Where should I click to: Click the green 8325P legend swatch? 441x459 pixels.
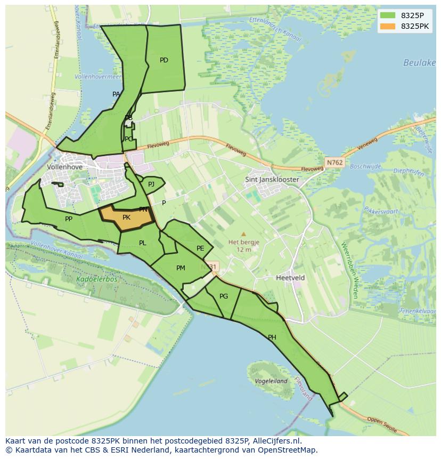pyautogui.click(x=387, y=15)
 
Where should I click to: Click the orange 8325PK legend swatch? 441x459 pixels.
pyautogui.click(x=387, y=26)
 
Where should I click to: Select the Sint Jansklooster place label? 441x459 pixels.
pyautogui.click(x=272, y=180)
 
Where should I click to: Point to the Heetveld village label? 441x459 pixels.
pyautogui.click(x=290, y=278)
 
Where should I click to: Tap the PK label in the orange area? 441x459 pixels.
pyautogui.click(x=126, y=218)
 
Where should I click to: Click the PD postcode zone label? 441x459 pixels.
pyautogui.click(x=164, y=60)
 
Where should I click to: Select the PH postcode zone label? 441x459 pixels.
pyautogui.click(x=272, y=337)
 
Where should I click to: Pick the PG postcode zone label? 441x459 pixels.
pyautogui.click(x=224, y=296)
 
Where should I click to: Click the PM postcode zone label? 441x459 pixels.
pyautogui.click(x=181, y=268)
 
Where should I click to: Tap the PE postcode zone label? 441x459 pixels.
pyautogui.click(x=200, y=248)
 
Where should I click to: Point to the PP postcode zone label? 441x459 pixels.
pyautogui.click(x=69, y=219)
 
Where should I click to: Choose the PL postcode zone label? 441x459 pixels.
pyautogui.click(x=142, y=243)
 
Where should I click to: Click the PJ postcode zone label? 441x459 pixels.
pyautogui.click(x=151, y=184)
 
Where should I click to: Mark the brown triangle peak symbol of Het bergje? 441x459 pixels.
pyautogui.click(x=243, y=234)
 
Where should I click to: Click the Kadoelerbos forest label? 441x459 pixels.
pyautogui.click(x=96, y=279)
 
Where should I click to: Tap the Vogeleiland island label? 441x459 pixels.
pyautogui.click(x=271, y=381)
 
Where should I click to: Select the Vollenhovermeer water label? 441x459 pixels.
pyautogui.click(x=98, y=77)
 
